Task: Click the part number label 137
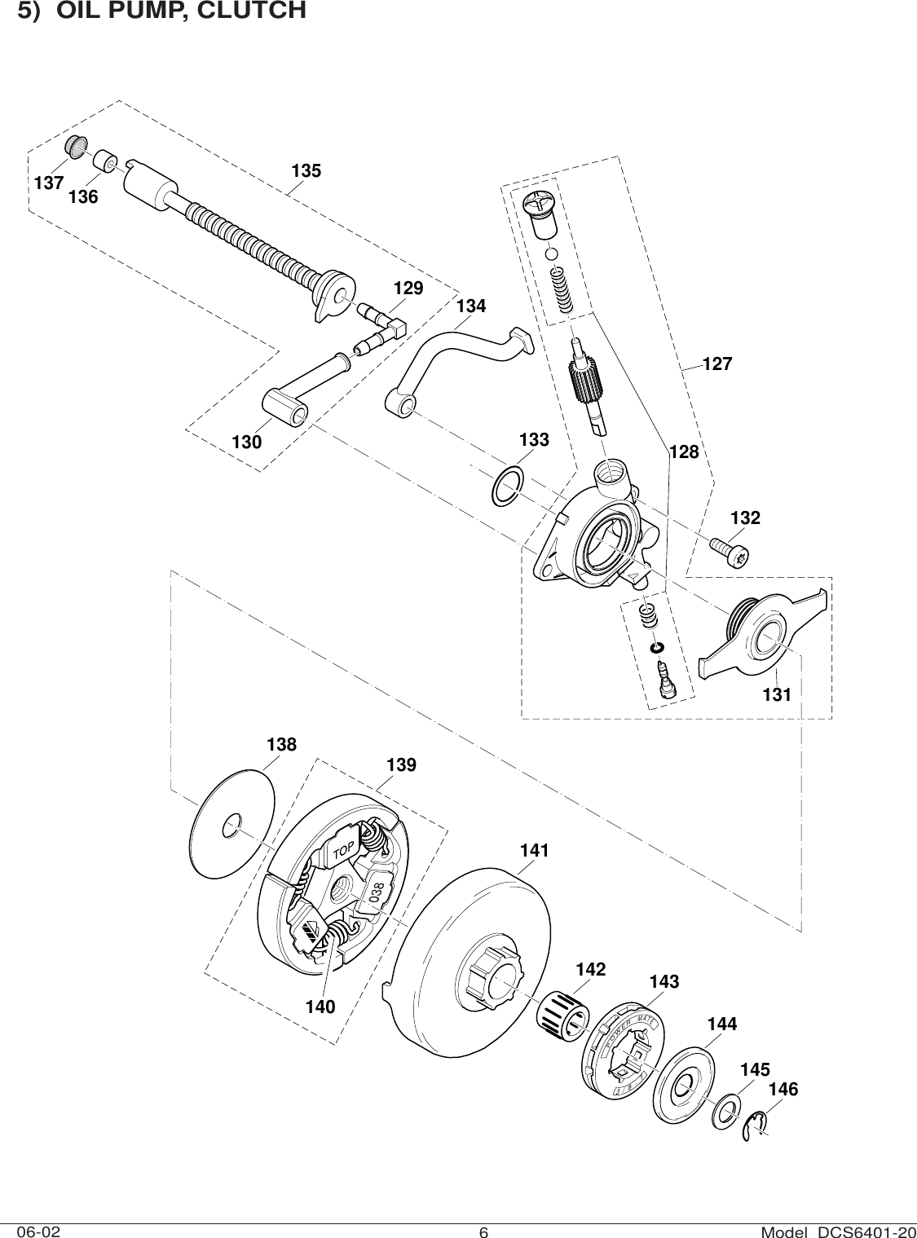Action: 49,183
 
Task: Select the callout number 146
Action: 783,1090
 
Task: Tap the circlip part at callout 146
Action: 757,1126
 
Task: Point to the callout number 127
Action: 717,364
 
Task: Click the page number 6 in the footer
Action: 483,1231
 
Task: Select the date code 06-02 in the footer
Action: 38,1228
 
